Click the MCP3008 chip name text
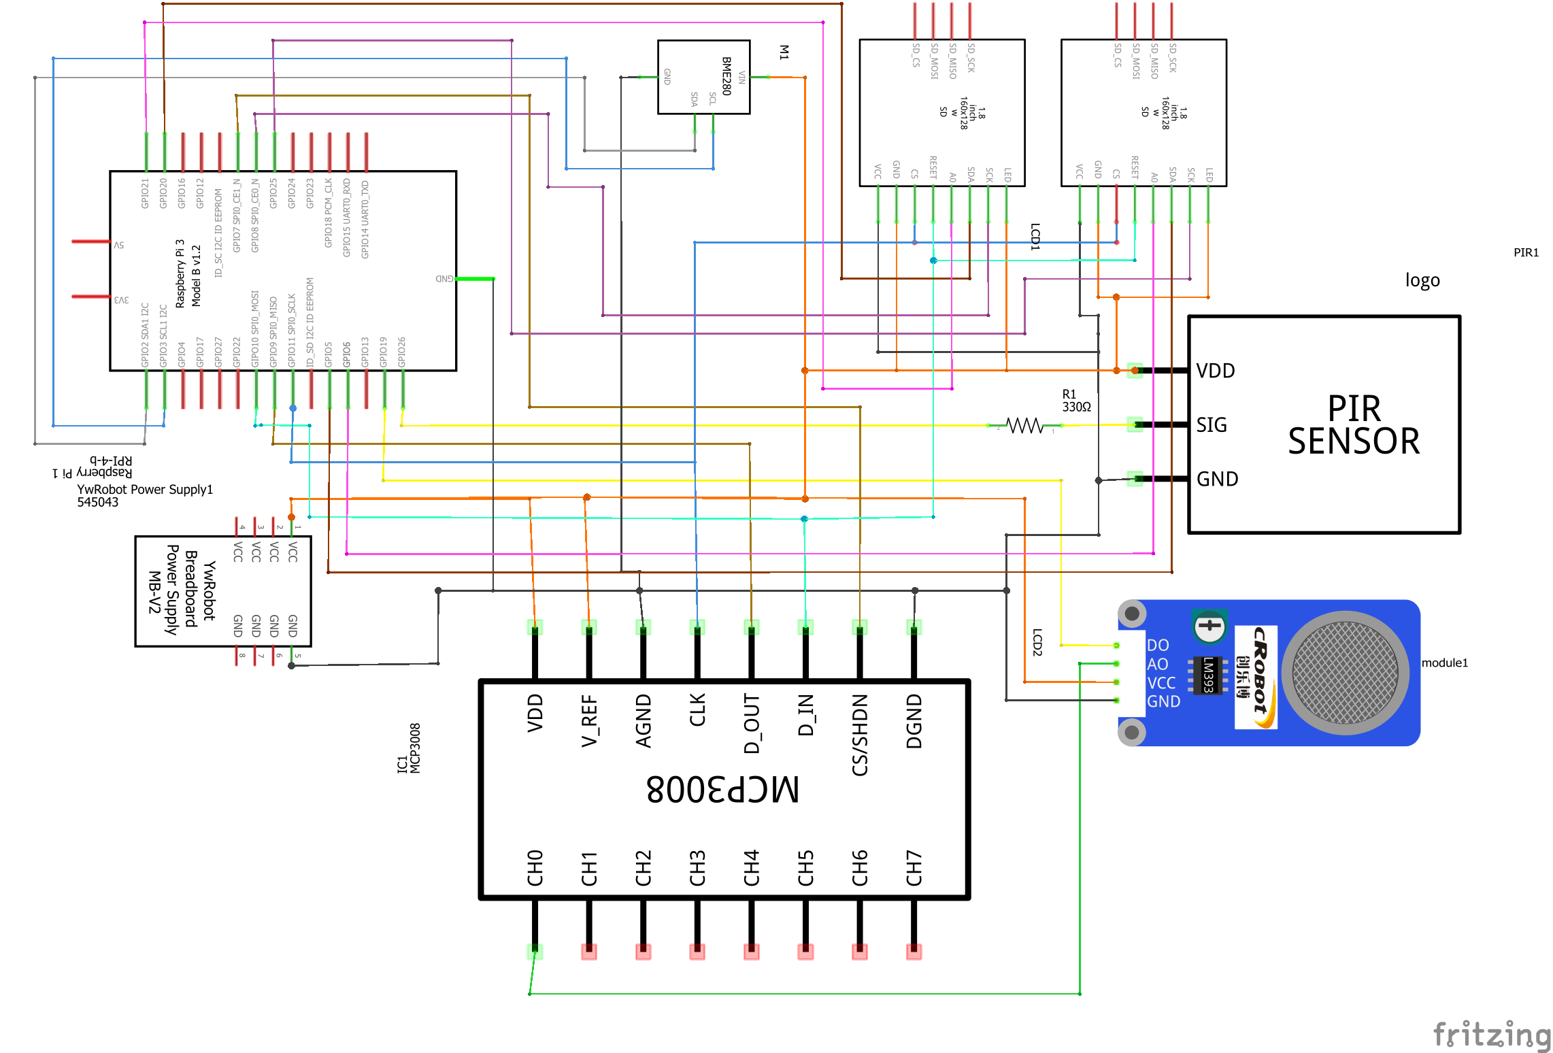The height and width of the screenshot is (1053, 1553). [x=722, y=789]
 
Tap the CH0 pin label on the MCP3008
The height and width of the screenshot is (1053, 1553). [x=535, y=867]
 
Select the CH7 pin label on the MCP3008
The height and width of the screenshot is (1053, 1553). [x=914, y=867]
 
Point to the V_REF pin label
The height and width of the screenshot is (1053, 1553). [x=589, y=720]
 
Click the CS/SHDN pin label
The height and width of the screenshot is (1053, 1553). [x=860, y=735]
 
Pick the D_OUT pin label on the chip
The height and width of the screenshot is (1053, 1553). [x=751, y=724]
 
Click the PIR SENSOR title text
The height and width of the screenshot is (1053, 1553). [x=1354, y=425]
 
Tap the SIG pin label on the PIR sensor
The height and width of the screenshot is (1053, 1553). [x=1212, y=425]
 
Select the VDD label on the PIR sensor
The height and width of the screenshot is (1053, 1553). [x=1215, y=371]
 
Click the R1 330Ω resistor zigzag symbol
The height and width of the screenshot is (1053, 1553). [x=1024, y=426]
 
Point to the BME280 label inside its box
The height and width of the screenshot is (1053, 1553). [x=727, y=76]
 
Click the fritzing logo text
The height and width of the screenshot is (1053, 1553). [x=1492, y=1035]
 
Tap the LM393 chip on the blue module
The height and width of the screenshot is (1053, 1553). [x=1207, y=675]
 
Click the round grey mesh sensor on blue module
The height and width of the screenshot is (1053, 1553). [x=1345, y=672]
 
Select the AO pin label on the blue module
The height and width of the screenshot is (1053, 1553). [x=1157, y=664]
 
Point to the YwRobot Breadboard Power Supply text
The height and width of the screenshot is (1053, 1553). [x=191, y=589]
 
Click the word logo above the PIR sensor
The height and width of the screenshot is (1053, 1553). [x=1422, y=280]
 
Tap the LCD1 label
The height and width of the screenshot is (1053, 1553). [x=1035, y=236]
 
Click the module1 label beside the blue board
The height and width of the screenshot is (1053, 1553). [x=1444, y=663]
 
